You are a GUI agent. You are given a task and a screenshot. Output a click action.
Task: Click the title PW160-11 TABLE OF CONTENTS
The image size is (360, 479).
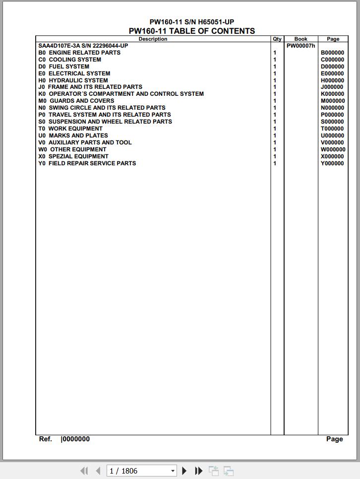[192, 31]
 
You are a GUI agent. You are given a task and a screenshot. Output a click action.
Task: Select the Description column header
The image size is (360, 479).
[153, 39]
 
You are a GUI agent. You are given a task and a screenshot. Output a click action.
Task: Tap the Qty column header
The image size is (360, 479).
[277, 39]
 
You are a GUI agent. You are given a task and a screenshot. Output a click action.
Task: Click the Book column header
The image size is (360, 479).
[300, 39]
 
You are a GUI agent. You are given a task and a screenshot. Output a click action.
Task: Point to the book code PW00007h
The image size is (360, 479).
[300, 46]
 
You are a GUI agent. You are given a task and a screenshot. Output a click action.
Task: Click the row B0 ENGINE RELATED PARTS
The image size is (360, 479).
[79, 53]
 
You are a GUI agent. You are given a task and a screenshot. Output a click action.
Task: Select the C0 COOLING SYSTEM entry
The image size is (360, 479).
[70, 60]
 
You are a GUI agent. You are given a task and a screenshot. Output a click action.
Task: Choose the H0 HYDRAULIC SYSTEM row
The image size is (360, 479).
[73, 80]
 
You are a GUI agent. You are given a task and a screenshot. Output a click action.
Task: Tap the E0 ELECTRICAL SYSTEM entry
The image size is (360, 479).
[74, 73]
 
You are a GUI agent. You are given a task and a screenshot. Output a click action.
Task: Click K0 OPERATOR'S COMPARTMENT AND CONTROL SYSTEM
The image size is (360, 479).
[121, 94]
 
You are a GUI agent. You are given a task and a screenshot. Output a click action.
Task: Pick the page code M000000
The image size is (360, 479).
[333, 101]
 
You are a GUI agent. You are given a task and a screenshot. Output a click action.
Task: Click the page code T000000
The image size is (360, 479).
[332, 129]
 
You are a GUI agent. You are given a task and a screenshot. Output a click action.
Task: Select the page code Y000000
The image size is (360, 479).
[332, 163]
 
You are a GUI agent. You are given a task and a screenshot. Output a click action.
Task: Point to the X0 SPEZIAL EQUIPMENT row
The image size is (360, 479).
[73, 156]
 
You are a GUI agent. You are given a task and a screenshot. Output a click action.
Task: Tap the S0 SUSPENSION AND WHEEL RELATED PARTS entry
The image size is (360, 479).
[105, 122]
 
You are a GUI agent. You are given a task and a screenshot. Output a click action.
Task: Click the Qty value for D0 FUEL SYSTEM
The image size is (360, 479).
[275, 67]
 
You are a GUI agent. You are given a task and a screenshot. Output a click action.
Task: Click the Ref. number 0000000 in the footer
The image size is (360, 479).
[76, 439]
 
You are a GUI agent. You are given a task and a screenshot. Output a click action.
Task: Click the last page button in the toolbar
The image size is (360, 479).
[199, 471]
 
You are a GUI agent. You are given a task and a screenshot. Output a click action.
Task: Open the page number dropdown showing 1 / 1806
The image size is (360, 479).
[173, 471]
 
